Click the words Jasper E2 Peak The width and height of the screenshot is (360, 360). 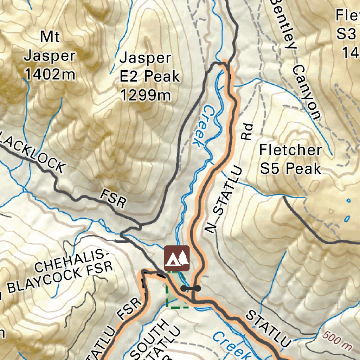click(x=149, y=67)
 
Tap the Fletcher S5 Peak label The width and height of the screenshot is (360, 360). click(x=290, y=159)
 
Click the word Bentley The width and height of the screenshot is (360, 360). click(x=283, y=23)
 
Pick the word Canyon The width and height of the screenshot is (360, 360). click(x=307, y=92)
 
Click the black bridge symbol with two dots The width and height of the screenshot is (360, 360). click(x=191, y=288)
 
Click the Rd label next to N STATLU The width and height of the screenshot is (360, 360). click(x=247, y=131)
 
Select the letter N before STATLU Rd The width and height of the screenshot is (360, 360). click(x=211, y=228)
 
